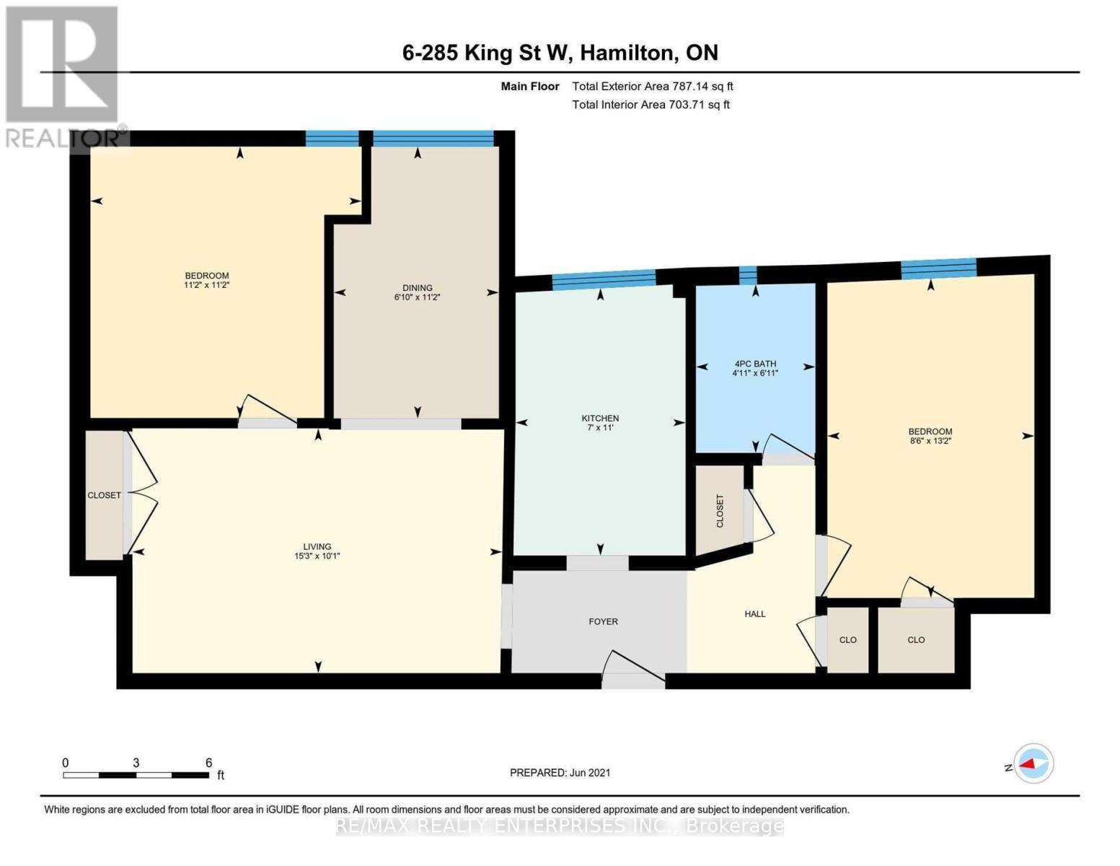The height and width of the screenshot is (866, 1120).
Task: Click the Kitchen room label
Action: click(x=600, y=418)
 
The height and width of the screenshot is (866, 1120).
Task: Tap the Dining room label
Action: click(x=418, y=287)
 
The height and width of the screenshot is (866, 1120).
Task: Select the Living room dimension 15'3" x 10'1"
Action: click(x=317, y=556)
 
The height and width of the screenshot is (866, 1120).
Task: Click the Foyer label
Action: click(x=603, y=621)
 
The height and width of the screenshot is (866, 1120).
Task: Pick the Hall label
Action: click(x=755, y=614)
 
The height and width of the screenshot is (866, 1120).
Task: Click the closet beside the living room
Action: click(x=104, y=495)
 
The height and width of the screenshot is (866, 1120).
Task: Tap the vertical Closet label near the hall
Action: click(x=720, y=511)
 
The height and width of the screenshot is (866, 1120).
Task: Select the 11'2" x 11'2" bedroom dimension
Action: click(x=207, y=285)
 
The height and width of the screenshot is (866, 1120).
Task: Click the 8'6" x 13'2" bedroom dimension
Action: click(x=930, y=441)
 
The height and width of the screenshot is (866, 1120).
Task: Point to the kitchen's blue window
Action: click(x=604, y=279)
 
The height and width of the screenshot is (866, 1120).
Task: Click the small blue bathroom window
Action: click(x=748, y=276)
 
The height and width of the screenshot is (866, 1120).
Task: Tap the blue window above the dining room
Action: click(x=433, y=139)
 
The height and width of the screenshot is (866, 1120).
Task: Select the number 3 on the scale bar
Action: click(x=136, y=763)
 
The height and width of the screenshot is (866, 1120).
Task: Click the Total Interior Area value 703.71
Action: click(x=686, y=105)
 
